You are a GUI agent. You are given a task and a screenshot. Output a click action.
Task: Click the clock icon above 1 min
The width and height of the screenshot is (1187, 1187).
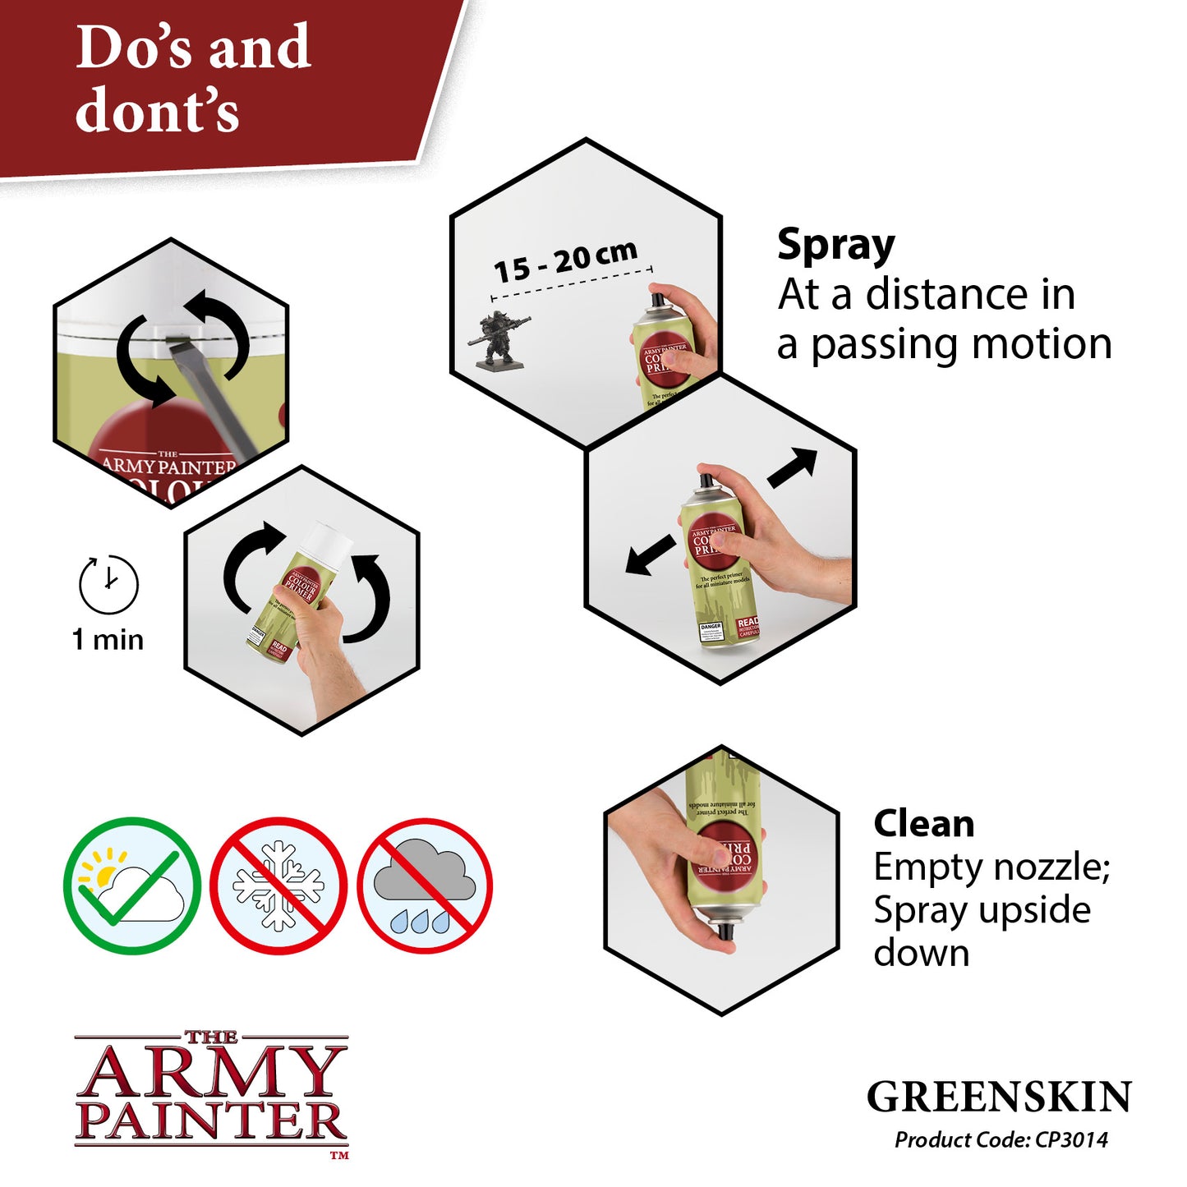[x=108, y=584]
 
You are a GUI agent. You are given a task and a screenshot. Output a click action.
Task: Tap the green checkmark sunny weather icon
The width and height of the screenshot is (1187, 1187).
[x=131, y=886]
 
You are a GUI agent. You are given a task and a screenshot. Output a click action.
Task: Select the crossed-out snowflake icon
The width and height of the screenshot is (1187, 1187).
[x=278, y=886]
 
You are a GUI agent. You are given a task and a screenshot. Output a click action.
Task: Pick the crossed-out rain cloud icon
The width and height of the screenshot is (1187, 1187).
[x=425, y=886]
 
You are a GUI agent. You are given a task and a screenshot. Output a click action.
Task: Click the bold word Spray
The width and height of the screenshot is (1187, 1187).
[x=835, y=246]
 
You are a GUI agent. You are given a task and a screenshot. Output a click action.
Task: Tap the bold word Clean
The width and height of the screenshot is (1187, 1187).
[x=923, y=823]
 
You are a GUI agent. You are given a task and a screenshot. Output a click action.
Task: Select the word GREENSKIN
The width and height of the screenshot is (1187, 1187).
[x=999, y=1097]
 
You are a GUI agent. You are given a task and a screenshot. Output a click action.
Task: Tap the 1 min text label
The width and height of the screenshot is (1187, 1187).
[x=108, y=640]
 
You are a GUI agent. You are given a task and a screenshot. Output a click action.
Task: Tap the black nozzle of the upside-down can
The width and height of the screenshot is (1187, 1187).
[x=725, y=932]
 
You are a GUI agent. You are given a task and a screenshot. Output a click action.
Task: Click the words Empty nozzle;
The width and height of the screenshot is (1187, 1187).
[x=991, y=867]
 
